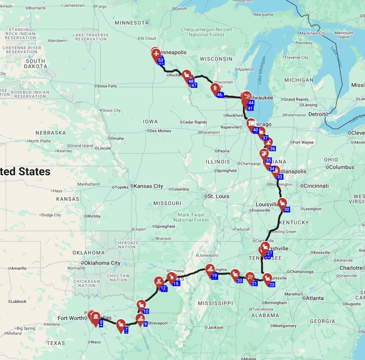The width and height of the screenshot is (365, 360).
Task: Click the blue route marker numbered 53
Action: click(x=161, y=60)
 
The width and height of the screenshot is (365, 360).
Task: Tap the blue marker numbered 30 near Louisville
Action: click(x=287, y=209)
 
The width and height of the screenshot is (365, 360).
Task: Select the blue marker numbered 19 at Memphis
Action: click(x=214, y=276)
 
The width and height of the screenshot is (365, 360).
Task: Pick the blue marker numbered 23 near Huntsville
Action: click(x=272, y=285)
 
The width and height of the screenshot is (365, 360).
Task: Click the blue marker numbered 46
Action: click(x=220, y=95)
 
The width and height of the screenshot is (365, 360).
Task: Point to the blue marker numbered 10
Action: click(x=146, y=311)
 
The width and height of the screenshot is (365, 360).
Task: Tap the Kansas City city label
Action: click(x=148, y=186)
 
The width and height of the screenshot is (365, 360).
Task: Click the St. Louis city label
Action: click(x=218, y=196)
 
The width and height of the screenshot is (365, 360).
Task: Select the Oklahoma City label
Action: click(x=102, y=263)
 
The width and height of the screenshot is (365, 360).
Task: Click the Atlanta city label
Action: click(x=315, y=298)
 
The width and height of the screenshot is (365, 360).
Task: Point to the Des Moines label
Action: click(x=160, y=131)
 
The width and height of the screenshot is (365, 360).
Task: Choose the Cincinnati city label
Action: click(x=316, y=186)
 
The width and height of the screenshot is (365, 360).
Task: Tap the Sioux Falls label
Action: click(x=107, y=86)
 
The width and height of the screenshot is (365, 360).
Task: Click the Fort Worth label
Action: click(x=71, y=318)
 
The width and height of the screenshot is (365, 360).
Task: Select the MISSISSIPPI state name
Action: click(x=215, y=303)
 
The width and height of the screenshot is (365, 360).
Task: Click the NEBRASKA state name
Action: click(x=51, y=133)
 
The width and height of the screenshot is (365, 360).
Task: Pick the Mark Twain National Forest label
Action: click(x=191, y=217)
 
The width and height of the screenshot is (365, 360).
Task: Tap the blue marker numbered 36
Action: click(x=272, y=149)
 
